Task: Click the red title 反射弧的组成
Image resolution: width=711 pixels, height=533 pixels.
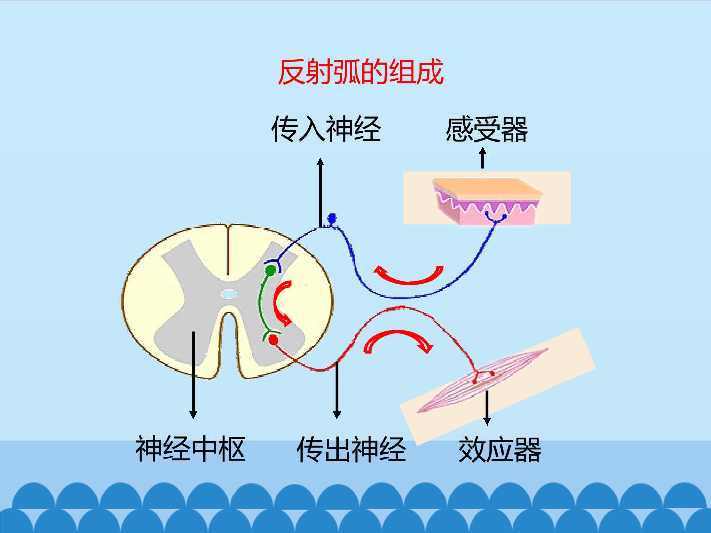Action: coord(361,72)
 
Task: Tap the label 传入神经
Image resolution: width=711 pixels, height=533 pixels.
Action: coord(326,129)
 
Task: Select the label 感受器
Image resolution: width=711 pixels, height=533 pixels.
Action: coord(487,129)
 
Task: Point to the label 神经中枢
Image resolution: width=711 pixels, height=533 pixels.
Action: coord(191,449)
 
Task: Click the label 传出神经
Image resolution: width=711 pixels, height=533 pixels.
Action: coord(352,449)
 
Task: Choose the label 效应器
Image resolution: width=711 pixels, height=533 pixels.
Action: coord(500,450)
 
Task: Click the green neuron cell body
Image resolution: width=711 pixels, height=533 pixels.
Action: coord(271,270)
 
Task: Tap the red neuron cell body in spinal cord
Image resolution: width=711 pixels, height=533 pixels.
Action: coord(274,340)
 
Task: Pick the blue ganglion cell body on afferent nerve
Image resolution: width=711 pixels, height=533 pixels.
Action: coord(332,218)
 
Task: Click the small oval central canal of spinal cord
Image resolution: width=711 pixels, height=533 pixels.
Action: coord(229,294)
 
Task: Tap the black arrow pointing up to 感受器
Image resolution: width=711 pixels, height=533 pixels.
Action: coord(482,157)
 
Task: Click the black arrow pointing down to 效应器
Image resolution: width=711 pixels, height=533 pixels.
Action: coord(487,408)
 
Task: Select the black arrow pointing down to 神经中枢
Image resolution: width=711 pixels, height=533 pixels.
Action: coord(193,375)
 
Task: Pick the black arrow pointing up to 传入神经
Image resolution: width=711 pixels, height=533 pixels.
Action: coord(320,192)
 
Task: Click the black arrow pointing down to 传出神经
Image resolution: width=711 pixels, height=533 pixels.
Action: coord(337,390)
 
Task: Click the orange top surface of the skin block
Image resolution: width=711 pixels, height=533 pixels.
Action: coord(487,187)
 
